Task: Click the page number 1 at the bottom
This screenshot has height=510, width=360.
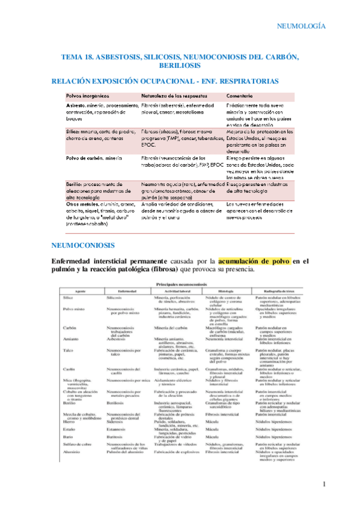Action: coord(323,484)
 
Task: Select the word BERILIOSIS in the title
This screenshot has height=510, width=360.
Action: coord(180,64)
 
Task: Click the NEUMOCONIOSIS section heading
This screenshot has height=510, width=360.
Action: coord(87,246)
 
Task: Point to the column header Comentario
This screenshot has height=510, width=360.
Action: coord(243,96)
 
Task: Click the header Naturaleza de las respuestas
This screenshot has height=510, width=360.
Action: coord(174,96)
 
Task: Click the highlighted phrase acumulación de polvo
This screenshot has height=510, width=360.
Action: coord(254,262)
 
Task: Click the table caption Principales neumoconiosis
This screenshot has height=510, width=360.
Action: coord(180,284)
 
